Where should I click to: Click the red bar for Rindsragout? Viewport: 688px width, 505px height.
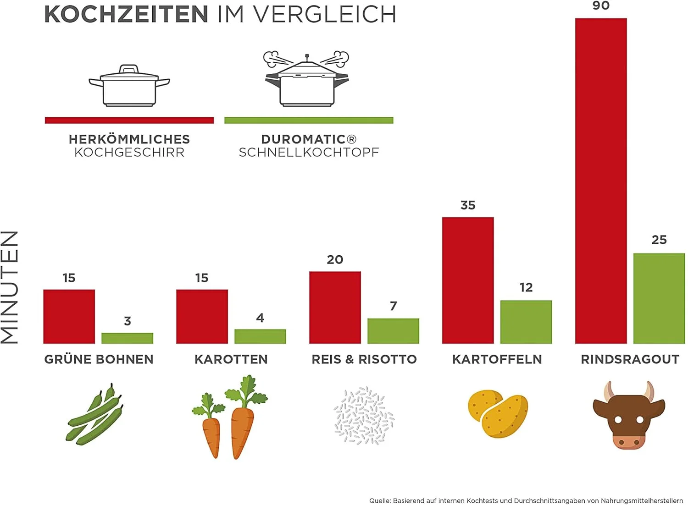[601, 181]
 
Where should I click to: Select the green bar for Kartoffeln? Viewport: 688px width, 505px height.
[526, 322]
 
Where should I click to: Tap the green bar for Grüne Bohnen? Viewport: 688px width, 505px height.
[127, 338]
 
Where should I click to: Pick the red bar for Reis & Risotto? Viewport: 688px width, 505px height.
[335, 307]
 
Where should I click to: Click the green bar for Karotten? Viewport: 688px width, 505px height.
[260, 336]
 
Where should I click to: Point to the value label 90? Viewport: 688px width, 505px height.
[601, 6]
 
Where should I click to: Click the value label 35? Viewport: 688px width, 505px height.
[468, 205]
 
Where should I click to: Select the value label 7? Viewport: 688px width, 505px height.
[393, 306]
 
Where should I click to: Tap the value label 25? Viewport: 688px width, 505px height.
[659, 240]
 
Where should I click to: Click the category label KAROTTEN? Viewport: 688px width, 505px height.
[231, 359]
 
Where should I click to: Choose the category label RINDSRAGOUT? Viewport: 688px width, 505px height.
[630, 359]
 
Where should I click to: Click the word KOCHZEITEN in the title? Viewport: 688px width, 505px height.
[127, 15]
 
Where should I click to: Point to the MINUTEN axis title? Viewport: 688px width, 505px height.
[10, 287]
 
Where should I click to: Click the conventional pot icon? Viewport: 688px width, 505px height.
[129, 86]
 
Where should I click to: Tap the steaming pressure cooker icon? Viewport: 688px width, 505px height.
[306, 79]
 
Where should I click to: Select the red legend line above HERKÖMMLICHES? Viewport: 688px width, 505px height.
[129, 120]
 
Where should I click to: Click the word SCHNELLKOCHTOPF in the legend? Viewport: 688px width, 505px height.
[309, 153]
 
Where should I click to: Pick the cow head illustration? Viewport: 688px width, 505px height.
[629, 415]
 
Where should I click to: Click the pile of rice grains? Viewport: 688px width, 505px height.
[364, 416]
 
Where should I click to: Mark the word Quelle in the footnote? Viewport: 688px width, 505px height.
[379, 501]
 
